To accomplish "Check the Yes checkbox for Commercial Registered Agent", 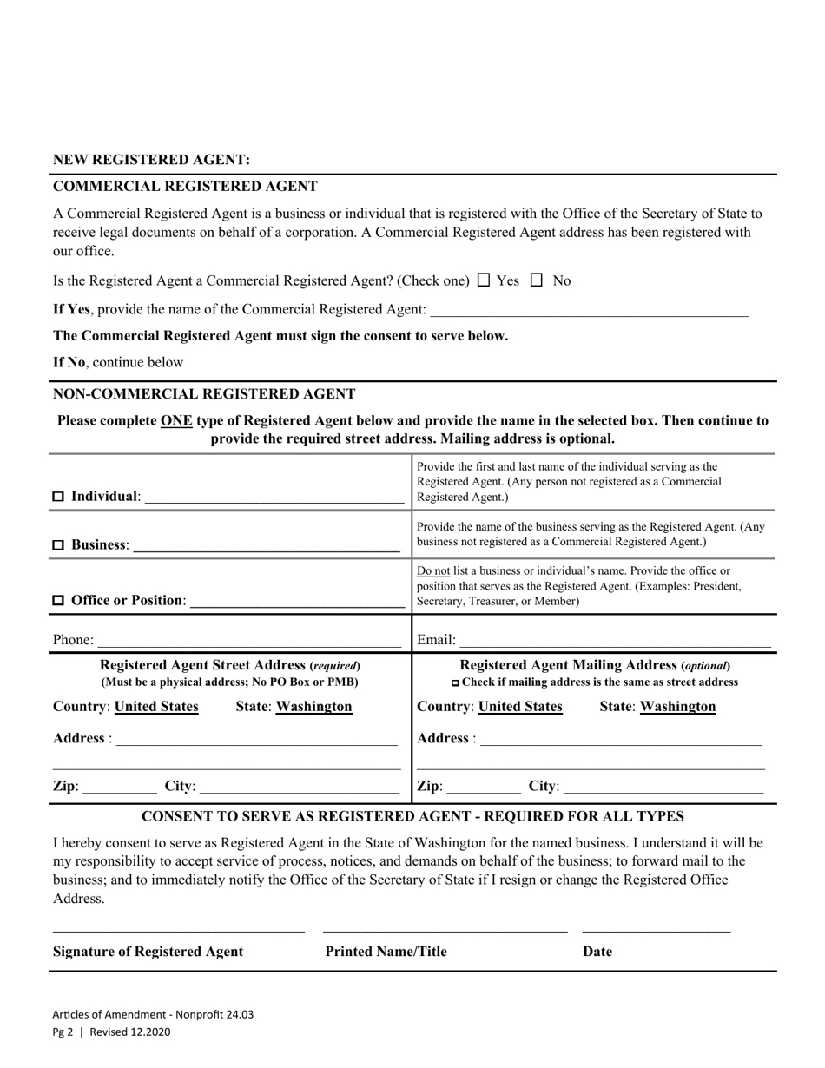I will [485, 280].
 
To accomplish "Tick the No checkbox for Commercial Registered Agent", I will [537, 280].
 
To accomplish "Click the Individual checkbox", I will [59, 497].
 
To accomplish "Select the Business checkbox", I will [59, 545].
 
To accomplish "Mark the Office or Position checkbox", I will [59, 600].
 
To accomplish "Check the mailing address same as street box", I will [456, 683].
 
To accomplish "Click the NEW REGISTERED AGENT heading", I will [151, 160].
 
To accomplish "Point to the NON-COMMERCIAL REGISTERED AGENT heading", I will [204, 393].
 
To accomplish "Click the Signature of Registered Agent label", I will [148, 952].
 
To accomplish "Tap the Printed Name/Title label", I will [386, 952].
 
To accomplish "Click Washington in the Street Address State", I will [313, 707].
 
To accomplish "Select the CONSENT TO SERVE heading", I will [412, 816].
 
